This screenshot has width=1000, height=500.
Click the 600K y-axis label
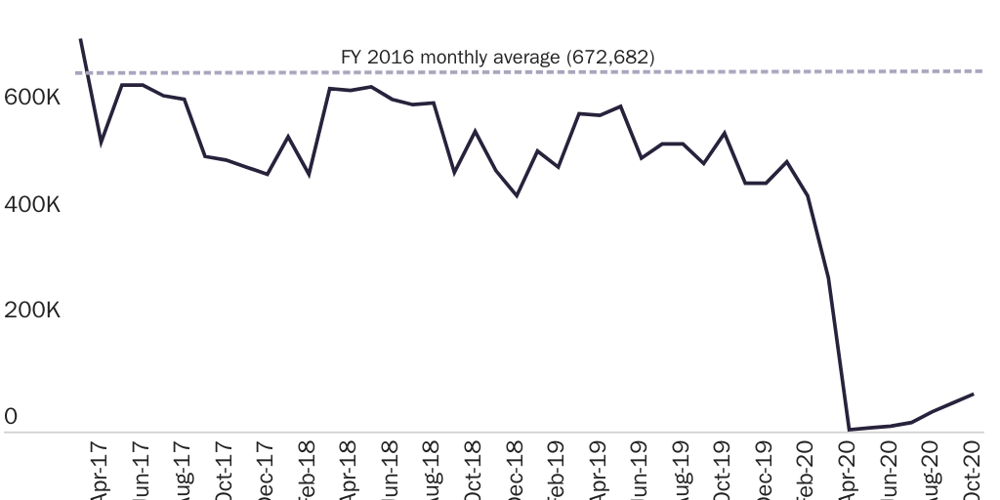[x=32, y=99]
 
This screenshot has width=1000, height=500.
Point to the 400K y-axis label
[x=32, y=205]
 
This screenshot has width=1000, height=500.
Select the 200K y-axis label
[x=32, y=311]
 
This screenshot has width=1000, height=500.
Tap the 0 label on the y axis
[x=11, y=417]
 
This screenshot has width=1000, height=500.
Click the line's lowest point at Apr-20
[x=850, y=429]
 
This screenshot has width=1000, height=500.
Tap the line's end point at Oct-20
[x=974, y=394]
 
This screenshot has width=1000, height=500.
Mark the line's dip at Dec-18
[x=517, y=196]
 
